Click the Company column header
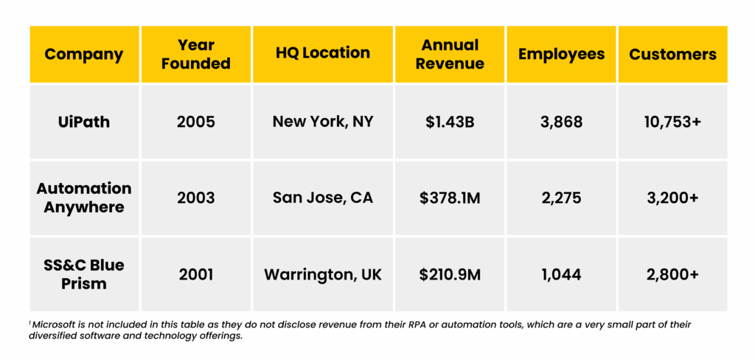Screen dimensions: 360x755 pos(85,54)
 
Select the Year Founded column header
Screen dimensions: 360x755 pos(196,54)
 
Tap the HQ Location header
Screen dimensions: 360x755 pos(323,53)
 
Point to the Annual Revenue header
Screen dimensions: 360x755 pos(450,54)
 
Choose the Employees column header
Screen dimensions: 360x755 pos(561,54)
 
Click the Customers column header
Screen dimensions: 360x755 pos(672,54)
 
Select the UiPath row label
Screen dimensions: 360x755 pos(85,122)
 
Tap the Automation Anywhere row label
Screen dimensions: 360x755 pos(85,198)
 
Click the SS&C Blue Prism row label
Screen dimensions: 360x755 pos(85,274)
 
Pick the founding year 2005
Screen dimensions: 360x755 pos(196,122)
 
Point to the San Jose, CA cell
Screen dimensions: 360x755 pos(323,198)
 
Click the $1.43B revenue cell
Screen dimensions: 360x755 pos(450,122)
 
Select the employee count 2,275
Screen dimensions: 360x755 pos(561,198)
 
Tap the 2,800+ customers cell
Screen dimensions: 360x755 pos(672,274)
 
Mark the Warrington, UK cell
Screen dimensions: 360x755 pos(323,274)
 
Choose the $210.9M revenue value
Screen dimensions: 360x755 pos(450,274)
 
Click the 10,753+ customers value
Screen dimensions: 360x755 pos(672,122)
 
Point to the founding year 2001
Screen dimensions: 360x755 pos(196,274)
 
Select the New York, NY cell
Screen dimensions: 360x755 pos(323,122)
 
